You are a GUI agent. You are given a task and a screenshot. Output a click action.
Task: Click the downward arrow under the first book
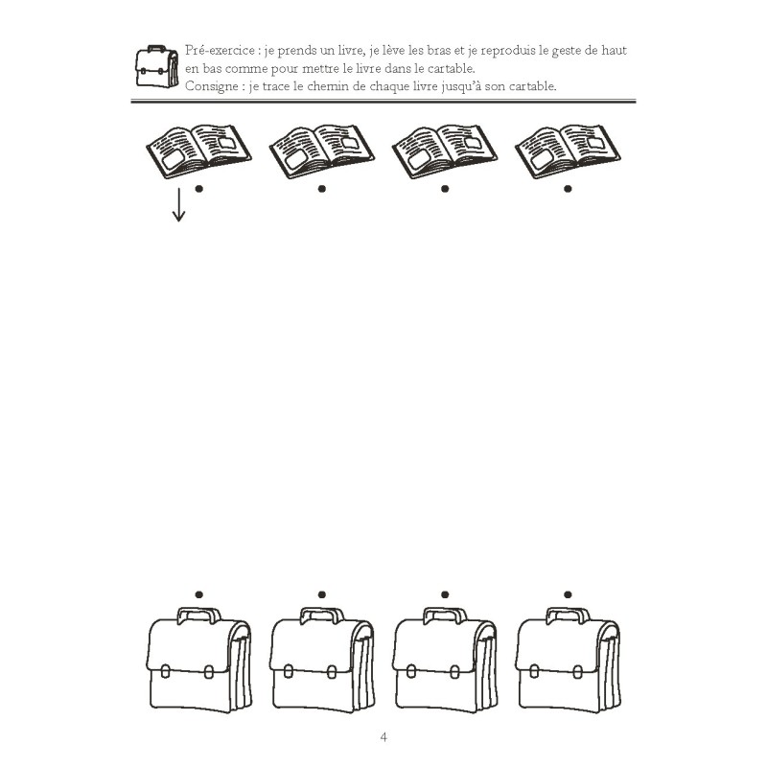click(178, 204)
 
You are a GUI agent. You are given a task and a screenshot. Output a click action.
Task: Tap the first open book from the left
click(196, 148)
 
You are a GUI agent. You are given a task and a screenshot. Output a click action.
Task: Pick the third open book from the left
click(444, 148)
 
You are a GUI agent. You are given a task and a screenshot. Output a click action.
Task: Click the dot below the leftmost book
click(198, 189)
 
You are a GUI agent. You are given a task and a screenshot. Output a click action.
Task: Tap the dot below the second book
click(322, 189)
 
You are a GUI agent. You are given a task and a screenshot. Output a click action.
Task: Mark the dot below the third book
click(445, 189)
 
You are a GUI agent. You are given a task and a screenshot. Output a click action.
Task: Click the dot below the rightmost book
click(569, 189)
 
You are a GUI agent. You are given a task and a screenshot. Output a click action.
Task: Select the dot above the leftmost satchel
click(198, 595)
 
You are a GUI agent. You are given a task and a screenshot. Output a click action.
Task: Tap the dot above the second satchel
click(322, 595)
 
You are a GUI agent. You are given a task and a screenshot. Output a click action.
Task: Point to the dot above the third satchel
click(445, 595)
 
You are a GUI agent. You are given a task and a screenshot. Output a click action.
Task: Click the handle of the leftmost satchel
click(198, 614)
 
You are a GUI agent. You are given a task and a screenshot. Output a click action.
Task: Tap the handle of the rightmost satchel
click(568, 614)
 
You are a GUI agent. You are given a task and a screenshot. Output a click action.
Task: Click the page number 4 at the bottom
click(383, 737)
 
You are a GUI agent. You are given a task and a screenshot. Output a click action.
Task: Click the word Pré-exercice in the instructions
click(214, 50)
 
